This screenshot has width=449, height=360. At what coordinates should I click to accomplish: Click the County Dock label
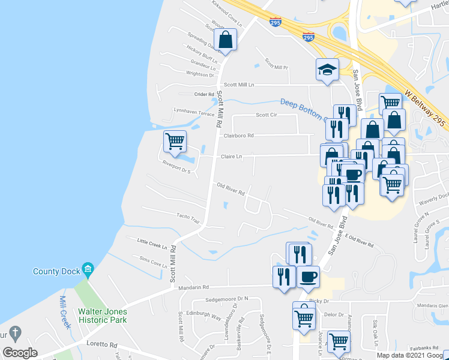[56, 271]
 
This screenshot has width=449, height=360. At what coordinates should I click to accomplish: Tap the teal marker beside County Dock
[88, 268]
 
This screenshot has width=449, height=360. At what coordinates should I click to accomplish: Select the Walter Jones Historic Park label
[103, 316]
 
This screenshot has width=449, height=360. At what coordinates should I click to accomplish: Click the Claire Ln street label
[231, 156]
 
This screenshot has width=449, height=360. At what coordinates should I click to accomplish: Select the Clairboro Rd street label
[238, 136]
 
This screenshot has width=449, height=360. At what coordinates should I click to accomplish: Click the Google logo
[20, 353]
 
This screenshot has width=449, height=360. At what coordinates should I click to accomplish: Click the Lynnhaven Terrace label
[193, 112]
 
